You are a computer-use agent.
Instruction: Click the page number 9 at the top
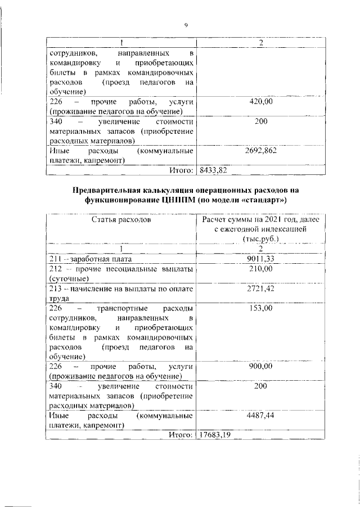pyautogui.click(x=186, y=24)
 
